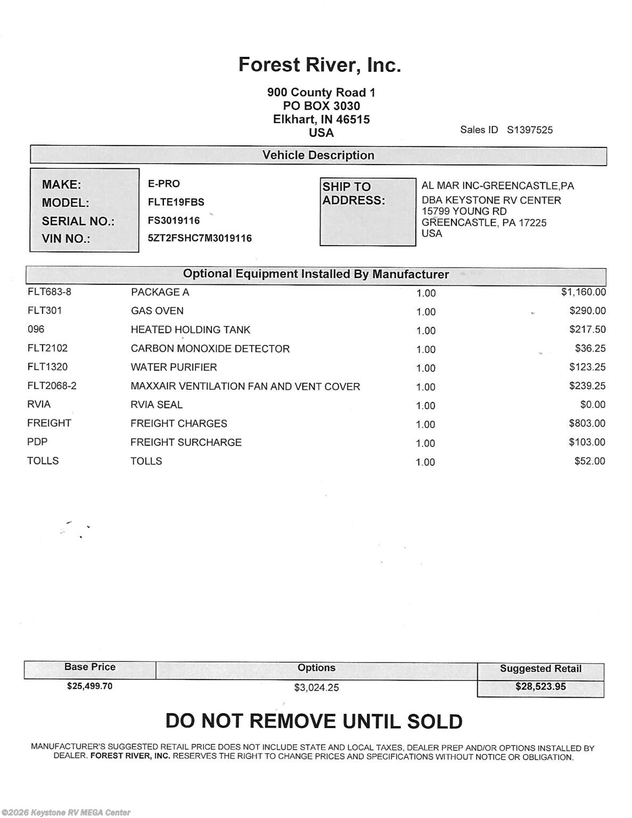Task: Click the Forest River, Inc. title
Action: [x=319, y=65]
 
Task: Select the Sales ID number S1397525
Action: [x=530, y=130]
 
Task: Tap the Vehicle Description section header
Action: [x=318, y=156]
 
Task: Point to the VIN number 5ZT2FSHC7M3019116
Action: [x=200, y=238]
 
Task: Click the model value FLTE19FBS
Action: [x=176, y=202]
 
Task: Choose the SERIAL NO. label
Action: [x=78, y=221]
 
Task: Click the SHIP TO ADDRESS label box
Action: [x=367, y=211]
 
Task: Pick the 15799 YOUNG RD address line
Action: [x=464, y=211]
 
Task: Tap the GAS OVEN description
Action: [x=157, y=311]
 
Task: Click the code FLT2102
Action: [x=47, y=348]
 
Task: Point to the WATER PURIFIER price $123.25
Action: [x=587, y=367]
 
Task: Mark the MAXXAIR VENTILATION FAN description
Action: [x=245, y=386]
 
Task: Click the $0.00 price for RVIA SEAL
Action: [x=593, y=405]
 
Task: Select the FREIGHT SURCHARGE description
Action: [x=186, y=443]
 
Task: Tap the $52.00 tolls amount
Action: [x=589, y=461]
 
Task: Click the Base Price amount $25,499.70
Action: [x=89, y=686]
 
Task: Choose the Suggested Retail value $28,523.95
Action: [x=540, y=686]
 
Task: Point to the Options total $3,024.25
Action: [x=316, y=688]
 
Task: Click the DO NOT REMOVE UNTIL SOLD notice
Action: [x=314, y=721]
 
